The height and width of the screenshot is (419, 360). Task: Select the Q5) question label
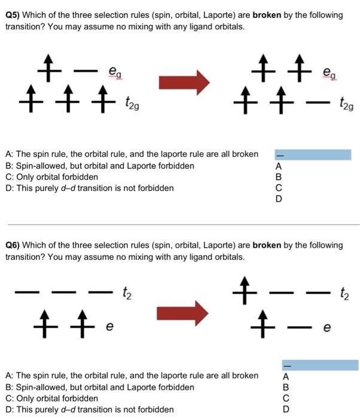click(14, 15)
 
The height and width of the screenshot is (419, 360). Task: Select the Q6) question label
click(14, 245)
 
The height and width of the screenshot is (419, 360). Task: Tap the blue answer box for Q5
click(313, 154)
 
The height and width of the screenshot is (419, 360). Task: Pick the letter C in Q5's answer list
click(277, 189)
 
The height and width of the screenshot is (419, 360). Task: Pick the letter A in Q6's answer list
click(286, 377)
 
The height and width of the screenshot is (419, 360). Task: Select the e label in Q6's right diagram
click(327, 328)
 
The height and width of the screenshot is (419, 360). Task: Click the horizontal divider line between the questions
click(180, 225)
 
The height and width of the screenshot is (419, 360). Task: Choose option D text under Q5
click(90, 189)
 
